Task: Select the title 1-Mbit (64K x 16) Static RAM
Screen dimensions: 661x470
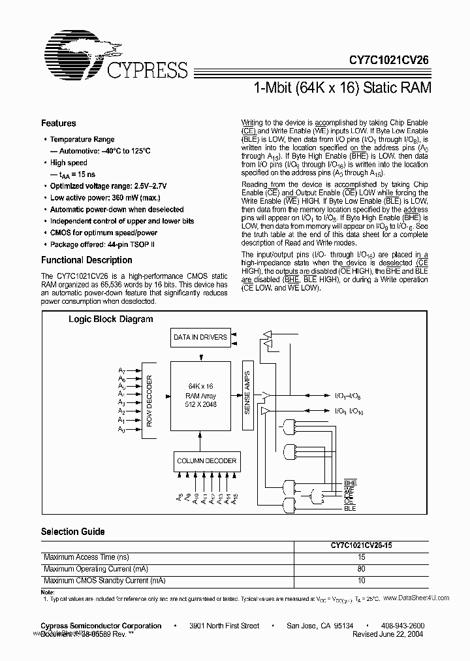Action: click(341, 88)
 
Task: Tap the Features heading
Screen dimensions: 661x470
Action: click(59, 123)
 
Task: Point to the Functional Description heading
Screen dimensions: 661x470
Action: click(87, 260)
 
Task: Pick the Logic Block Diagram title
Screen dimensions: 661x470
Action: click(111, 319)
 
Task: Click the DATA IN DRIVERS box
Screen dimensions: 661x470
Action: click(200, 338)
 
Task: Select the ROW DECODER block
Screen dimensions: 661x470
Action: click(149, 400)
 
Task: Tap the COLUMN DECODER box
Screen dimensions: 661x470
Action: click(206, 461)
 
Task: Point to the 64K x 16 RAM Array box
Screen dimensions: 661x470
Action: click(200, 396)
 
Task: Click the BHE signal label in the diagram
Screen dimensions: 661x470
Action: click(351, 482)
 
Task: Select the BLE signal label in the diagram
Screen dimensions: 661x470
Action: click(350, 508)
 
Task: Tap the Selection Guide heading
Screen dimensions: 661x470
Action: click(73, 532)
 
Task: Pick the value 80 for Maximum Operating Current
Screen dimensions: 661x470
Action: click(361, 569)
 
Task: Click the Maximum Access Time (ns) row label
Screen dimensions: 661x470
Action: click(86, 557)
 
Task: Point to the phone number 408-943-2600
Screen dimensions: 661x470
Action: click(401, 626)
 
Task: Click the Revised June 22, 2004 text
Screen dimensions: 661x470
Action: click(388, 634)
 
